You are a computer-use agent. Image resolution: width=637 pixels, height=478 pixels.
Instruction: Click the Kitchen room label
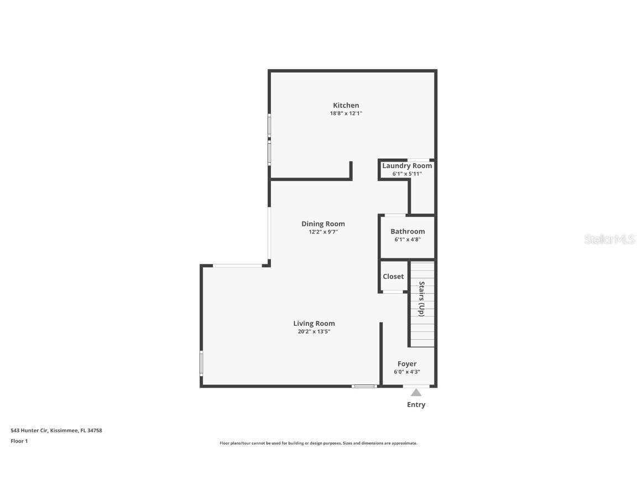pos(346,105)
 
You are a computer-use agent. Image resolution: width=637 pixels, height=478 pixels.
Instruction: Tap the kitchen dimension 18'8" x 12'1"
pos(346,113)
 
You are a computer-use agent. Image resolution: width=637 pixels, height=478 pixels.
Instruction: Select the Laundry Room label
pos(407,165)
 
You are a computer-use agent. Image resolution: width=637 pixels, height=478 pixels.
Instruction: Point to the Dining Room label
pos(323,224)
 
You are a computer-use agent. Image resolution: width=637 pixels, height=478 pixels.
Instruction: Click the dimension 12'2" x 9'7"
pos(323,232)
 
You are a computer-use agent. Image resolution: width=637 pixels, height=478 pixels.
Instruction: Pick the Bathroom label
pos(408,231)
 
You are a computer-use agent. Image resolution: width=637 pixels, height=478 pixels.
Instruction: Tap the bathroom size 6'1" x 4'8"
pos(408,240)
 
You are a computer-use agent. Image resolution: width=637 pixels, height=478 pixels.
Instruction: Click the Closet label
pos(393,276)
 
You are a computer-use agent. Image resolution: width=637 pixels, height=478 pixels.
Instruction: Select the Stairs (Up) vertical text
pos(421,299)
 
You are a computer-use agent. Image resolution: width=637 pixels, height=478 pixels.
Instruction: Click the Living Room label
pos(314,323)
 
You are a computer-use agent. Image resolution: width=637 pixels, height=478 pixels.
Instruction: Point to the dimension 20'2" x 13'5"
pos(314,331)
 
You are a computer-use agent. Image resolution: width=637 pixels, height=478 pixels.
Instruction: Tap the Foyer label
pos(407,363)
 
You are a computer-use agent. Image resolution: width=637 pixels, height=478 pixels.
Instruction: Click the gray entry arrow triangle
pos(416,392)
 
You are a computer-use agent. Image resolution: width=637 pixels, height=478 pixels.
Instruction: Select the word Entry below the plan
pos(416,404)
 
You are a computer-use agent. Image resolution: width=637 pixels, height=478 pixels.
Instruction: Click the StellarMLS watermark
pos(609,239)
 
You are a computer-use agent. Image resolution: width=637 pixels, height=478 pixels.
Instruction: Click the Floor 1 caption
pos(19,441)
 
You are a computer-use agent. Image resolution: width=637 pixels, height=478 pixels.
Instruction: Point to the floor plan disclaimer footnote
pos(318,443)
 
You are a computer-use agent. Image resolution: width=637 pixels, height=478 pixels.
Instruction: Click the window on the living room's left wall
pos(201,363)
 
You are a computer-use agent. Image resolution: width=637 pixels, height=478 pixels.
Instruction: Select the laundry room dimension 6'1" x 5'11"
pos(407,174)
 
